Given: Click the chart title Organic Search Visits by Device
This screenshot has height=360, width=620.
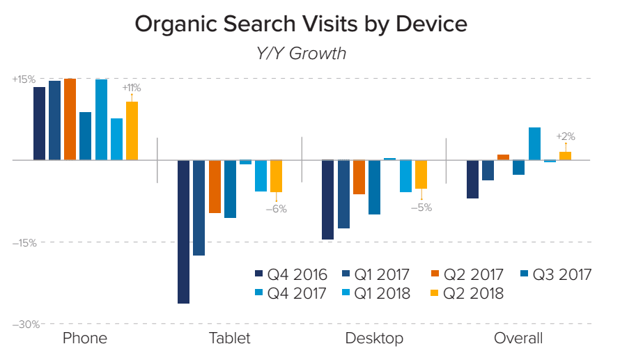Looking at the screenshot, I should (300, 24).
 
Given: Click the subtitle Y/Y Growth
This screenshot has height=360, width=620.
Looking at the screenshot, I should (300, 53).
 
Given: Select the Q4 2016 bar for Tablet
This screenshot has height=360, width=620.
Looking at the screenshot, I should (183, 231).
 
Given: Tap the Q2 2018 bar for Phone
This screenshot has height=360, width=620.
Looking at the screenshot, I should (132, 131).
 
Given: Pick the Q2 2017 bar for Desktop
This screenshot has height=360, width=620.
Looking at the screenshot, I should (359, 177).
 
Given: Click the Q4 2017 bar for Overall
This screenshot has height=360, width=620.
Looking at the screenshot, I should (534, 143).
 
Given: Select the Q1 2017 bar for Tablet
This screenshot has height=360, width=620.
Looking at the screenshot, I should (199, 208).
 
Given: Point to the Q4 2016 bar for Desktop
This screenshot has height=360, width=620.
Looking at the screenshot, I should (327, 200).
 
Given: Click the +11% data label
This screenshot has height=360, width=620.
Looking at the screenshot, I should (132, 88).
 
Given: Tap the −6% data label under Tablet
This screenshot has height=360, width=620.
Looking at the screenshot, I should (277, 208).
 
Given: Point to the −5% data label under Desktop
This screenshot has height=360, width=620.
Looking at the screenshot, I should (421, 207).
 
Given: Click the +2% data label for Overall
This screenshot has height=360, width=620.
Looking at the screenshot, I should (565, 136).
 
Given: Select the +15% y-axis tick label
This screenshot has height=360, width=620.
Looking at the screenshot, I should (23, 79).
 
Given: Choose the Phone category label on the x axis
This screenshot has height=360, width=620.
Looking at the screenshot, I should (85, 339).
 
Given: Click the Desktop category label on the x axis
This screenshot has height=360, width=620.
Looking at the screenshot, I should (374, 339).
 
